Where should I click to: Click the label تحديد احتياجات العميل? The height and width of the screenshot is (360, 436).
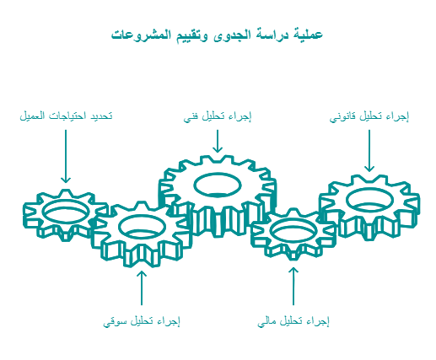[66, 116]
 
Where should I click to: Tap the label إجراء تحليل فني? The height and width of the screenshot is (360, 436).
[218, 116]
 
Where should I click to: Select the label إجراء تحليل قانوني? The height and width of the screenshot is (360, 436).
[369, 116]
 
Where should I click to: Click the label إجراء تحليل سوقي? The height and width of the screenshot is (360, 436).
[142, 321]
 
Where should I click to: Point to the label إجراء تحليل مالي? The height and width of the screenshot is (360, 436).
[293, 321]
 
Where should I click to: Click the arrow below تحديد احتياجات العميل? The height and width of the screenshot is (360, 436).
[66, 156]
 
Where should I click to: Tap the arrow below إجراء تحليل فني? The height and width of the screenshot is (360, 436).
[218, 141]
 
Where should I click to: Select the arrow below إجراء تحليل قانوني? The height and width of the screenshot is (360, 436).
[369, 151]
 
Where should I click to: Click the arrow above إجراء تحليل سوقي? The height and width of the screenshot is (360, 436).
[142, 287]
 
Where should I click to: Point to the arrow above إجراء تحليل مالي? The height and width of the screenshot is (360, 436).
[293, 286]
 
